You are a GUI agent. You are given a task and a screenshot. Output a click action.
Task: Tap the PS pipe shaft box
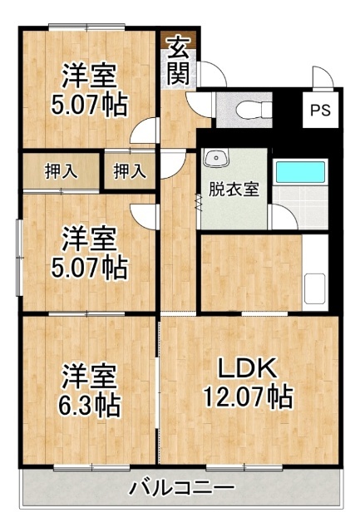click(321, 110)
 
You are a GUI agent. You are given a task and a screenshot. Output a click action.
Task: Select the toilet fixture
click(254, 110)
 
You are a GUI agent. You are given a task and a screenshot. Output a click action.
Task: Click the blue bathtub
click(300, 172)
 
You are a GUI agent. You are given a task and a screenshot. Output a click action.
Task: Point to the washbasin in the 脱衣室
click(216, 158)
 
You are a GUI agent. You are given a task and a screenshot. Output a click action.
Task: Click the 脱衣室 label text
click(234, 190)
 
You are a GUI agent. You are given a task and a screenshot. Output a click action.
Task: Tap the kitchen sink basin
click(314, 288)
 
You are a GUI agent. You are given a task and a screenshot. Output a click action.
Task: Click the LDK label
click(248, 368)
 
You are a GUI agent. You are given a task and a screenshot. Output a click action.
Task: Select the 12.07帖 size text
click(248, 397)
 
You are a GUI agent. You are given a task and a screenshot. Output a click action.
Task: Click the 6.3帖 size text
click(90, 405)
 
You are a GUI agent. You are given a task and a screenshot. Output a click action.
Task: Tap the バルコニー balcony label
click(182, 488)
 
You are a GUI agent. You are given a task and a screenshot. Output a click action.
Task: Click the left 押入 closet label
click(61, 171)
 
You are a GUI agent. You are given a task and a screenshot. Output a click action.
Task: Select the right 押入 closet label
click(130, 171)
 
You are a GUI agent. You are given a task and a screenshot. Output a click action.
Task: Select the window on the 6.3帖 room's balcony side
click(92, 468)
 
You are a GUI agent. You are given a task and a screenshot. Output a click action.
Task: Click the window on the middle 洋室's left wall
click(20, 258)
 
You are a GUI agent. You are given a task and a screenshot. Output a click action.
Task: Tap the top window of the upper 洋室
click(86, 27)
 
